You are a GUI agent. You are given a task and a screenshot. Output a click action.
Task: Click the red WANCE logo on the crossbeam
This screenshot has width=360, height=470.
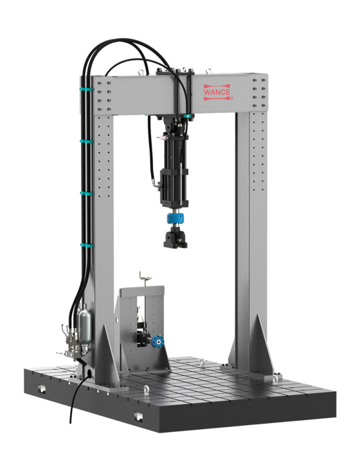217,92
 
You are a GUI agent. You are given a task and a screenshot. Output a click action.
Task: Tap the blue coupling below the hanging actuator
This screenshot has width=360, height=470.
175,218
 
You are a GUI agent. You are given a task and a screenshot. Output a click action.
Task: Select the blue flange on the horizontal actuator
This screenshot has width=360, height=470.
157,341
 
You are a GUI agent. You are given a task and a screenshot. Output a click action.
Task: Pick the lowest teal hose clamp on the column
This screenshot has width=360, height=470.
87,245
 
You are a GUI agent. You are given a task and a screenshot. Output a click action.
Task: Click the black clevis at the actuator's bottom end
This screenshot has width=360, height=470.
175,237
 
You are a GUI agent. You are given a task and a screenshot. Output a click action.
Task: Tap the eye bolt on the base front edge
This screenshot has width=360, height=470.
146,389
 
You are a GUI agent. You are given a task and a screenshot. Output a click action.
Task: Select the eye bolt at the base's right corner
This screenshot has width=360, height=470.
275,379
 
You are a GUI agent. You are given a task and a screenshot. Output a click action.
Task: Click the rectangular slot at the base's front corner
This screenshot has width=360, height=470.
138,416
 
